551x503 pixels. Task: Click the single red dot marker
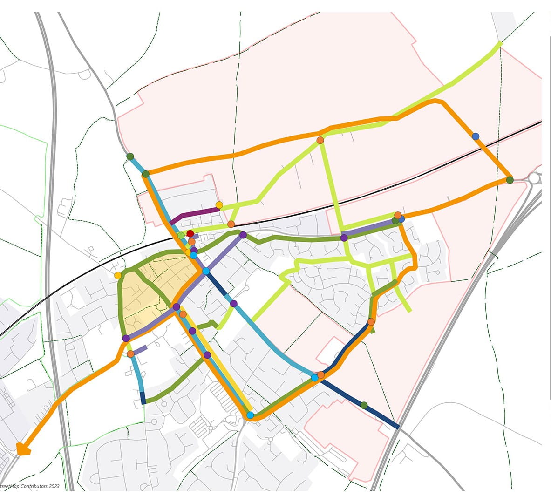pos(190,233)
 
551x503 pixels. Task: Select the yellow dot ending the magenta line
pos(219,205)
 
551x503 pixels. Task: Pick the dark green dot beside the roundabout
pos(510,180)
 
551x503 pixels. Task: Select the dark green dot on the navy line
pos(364,405)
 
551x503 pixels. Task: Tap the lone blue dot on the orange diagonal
pos(476,136)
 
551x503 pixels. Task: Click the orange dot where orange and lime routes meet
pos(320,140)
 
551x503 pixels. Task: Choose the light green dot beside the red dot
pos(181,236)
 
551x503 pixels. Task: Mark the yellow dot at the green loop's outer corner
pos(118,275)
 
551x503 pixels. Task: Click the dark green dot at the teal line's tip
pos(130,156)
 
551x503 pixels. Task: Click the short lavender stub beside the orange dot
pos(141,348)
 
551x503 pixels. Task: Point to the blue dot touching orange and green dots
pos(401,218)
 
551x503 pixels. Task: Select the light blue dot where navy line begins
pos(205,271)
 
